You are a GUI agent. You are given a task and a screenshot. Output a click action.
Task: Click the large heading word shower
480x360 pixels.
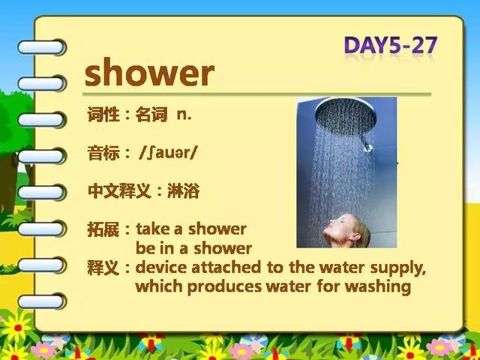pos(149,73)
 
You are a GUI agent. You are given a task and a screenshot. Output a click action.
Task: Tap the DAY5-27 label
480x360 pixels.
pos(391,45)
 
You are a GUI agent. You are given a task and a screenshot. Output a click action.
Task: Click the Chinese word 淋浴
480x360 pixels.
pos(183,191)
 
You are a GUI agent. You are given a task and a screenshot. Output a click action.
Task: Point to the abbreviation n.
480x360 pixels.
pos(184,115)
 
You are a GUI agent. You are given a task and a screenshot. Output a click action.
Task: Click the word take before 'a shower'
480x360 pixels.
pos(153,229)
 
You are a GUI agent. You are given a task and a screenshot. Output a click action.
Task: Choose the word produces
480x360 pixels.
pos(224,287)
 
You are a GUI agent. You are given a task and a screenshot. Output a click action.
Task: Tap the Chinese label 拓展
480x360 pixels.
pos(103,229)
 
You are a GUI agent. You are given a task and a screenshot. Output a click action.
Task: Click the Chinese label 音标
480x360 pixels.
pos(103,153)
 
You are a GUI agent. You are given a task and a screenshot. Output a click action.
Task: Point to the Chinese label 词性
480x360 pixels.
pos(103,115)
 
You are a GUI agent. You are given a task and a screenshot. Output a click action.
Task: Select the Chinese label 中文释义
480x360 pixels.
pos(119,191)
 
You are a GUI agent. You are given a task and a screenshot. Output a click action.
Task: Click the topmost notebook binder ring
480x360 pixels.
pos(41,47)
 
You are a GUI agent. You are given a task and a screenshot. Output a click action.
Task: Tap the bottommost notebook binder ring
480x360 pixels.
pos(41,301)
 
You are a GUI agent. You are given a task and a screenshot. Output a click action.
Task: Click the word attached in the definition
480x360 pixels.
pos(226,267)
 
